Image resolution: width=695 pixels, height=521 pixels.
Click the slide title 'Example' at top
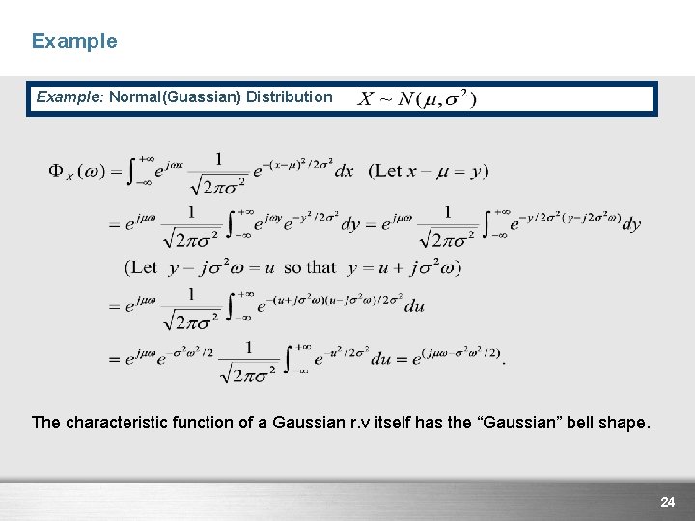point(74,41)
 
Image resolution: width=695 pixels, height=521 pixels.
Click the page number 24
point(667,502)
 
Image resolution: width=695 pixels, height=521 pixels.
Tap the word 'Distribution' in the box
point(289,97)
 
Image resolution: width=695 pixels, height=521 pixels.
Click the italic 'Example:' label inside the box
point(69,97)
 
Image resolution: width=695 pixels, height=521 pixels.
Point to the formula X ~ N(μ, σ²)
point(417,99)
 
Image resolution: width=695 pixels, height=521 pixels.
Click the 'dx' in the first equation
point(344,172)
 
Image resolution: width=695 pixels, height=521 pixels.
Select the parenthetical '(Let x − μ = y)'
point(429,171)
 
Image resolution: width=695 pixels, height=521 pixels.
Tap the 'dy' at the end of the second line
point(631,224)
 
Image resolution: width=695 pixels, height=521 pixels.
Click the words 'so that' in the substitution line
point(310,267)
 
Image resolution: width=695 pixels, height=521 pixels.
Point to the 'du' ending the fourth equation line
point(414,307)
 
